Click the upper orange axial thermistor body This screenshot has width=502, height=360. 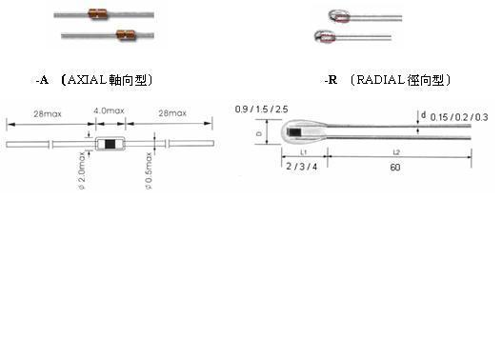click(97, 14)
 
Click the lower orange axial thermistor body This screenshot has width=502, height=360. click(126, 34)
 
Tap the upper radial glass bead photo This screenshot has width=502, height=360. click(339, 16)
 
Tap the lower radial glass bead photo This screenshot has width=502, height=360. click(325, 36)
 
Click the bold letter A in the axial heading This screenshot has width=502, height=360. click(44, 80)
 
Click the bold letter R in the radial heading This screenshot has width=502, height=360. click(333, 80)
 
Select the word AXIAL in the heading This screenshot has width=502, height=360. click(87, 80)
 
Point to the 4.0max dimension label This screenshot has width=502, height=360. click(109, 110)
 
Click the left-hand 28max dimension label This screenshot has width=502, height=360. click(48, 113)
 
